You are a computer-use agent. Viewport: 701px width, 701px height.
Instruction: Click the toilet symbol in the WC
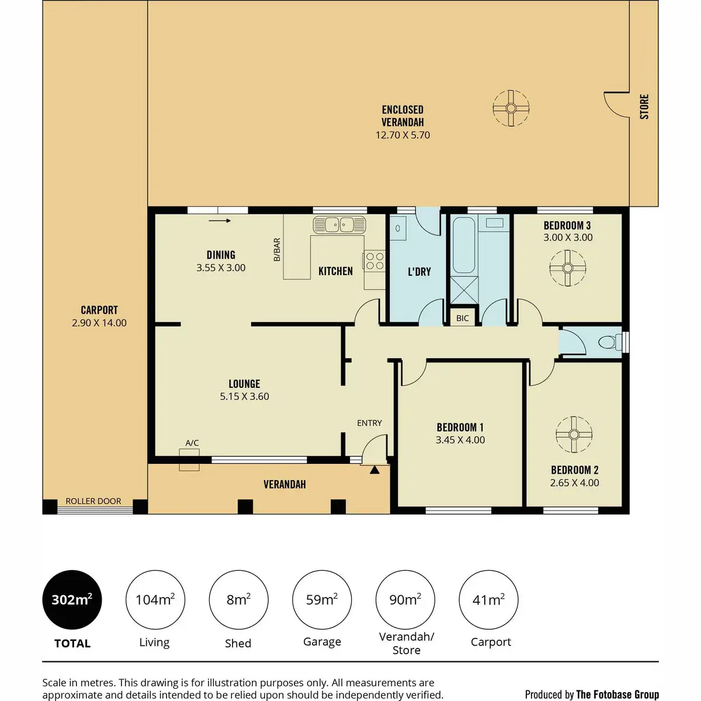[610, 342]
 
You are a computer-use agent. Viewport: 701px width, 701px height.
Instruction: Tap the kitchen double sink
[339, 225]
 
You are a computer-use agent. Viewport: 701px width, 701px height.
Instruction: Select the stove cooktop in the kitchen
[374, 261]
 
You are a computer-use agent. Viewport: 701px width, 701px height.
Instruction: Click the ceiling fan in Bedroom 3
[567, 268]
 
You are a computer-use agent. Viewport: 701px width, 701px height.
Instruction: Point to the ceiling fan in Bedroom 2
[574, 435]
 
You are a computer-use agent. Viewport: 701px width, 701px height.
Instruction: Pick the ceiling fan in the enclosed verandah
[511, 109]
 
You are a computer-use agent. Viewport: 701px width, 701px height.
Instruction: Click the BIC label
[462, 318]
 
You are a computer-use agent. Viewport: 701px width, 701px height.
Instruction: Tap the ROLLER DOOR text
[93, 501]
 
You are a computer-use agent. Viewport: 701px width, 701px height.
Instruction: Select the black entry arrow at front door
[374, 470]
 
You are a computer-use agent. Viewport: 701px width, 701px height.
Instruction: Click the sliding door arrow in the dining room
[220, 220]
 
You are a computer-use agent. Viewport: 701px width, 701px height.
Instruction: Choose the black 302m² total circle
[72, 600]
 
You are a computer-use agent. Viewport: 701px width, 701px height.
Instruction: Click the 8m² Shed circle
[239, 600]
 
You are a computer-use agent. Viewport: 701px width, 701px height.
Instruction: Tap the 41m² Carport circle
[488, 600]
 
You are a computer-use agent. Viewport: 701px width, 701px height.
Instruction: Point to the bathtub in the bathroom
[464, 245]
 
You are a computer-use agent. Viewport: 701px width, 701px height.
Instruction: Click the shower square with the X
[464, 290]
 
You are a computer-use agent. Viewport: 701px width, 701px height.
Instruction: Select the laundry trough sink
[398, 228]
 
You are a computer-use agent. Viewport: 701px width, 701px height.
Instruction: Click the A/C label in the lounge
[192, 443]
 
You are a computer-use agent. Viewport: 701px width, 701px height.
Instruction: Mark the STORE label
[644, 106]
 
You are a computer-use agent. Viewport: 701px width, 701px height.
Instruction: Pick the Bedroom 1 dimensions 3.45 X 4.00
[460, 440]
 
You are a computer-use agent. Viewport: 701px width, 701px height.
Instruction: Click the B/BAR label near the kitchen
[277, 249]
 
